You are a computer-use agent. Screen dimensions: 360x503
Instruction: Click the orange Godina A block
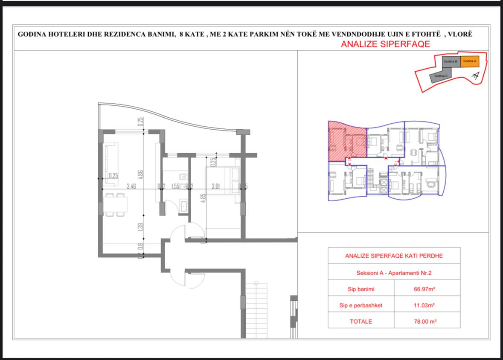point(469,61)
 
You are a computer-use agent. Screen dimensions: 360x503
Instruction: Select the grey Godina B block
point(451,61)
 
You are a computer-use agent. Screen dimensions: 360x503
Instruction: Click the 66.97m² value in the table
point(424,289)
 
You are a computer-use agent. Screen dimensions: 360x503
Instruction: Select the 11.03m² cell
point(424,305)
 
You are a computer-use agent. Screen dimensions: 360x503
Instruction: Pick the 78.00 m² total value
point(424,322)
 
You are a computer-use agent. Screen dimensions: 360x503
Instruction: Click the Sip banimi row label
point(361,289)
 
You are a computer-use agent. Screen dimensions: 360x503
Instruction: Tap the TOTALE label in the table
point(361,322)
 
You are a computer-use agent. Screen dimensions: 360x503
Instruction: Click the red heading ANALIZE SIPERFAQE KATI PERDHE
point(394,256)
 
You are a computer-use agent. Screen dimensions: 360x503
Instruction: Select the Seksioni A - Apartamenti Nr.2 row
point(394,273)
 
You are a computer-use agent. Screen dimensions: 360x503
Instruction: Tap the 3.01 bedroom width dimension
point(215,186)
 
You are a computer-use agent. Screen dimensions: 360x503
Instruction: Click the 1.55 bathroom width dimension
point(174,186)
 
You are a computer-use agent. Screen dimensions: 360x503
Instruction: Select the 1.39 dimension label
point(140,227)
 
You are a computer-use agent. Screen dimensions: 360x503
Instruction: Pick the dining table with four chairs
point(115,205)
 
